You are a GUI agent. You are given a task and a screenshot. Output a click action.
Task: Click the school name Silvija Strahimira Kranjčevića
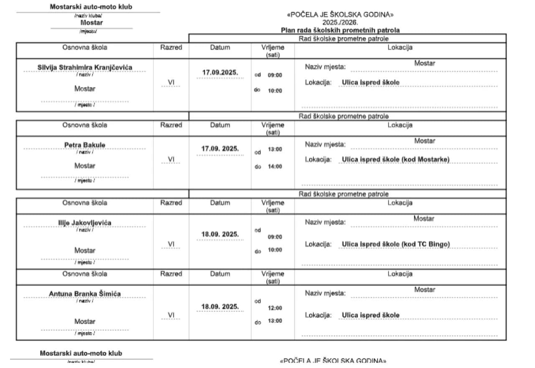[85, 68]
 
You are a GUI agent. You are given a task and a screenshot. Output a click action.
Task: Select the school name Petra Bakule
[85, 145]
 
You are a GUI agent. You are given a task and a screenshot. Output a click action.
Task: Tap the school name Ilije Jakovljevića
[85, 222]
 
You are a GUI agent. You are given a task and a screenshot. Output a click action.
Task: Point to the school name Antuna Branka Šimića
[85, 294]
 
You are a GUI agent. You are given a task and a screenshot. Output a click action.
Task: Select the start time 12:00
[275, 308]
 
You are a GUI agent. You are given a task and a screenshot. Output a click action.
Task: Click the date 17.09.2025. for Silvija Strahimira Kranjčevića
[220, 72]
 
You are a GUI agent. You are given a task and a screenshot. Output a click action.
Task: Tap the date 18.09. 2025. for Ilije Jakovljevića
[220, 234]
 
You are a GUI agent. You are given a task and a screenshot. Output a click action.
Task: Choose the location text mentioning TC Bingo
[395, 244]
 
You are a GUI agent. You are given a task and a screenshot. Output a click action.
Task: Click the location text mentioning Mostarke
[395, 159]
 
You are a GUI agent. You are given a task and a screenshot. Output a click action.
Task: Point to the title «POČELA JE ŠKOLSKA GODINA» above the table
[340, 15]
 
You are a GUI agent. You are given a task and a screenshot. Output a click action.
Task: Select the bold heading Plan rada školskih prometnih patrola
[340, 30]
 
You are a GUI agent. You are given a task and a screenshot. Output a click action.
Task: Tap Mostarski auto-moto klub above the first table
[88, 7]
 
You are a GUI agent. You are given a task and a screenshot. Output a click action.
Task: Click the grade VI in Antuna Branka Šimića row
[171, 315]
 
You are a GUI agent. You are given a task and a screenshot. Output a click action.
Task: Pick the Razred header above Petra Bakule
[171, 125]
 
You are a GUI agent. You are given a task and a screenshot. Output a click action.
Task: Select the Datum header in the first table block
[220, 47]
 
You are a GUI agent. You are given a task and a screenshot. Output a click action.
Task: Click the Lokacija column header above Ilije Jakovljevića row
[400, 203]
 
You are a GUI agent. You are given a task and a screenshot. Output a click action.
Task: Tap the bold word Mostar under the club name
[92, 23]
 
